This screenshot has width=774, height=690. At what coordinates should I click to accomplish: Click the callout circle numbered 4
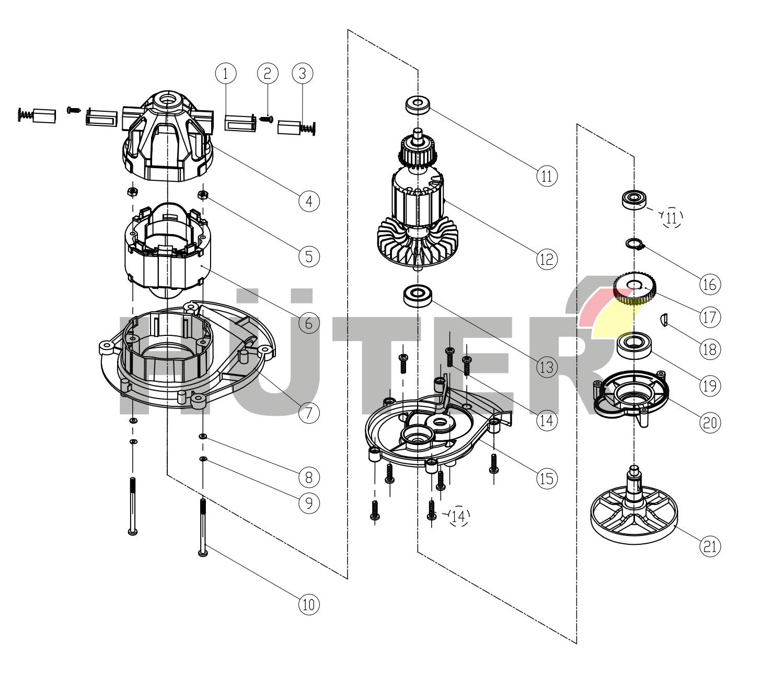tap(309, 201)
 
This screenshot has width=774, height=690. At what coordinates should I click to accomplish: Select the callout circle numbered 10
tap(308, 604)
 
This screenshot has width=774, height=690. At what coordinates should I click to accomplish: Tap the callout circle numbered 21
tap(710, 546)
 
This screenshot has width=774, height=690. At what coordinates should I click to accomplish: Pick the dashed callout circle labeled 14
tap(459, 517)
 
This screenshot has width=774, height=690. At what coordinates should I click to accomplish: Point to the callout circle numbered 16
tap(710, 284)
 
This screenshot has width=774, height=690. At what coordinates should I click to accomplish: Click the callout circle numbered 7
tap(308, 413)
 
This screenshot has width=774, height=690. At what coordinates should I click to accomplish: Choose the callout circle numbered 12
tap(547, 258)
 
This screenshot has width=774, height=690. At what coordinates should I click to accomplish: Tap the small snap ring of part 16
tap(633, 243)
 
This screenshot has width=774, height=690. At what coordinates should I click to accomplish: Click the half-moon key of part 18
tap(664, 319)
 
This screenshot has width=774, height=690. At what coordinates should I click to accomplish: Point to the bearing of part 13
tap(417, 296)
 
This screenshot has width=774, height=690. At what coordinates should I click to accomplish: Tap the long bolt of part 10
tap(203, 528)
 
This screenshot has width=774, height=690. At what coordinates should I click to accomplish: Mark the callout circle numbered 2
tap(267, 73)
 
